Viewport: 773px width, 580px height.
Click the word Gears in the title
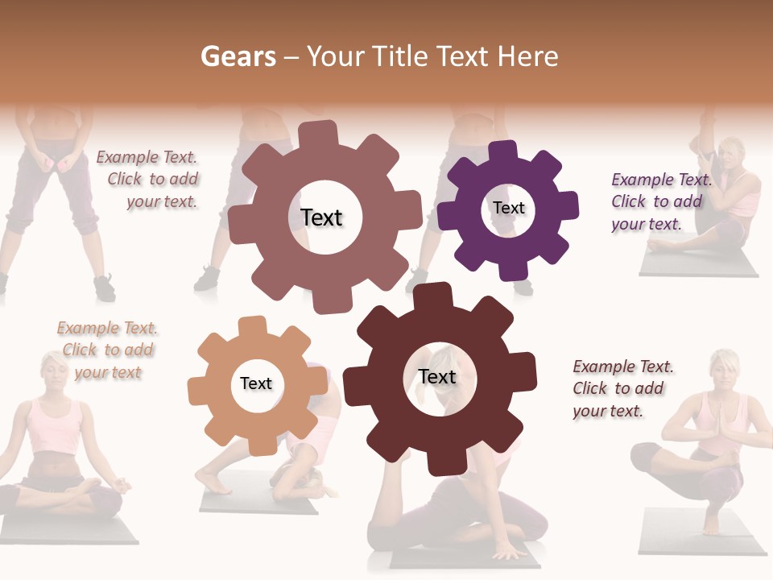pyautogui.click(x=238, y=56)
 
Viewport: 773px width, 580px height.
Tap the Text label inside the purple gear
pyautogui.click(x=508, y=208)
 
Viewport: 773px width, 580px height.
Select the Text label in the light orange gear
pyautogui.click(x=256, y=383)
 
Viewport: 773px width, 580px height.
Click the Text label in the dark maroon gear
pyautogui.click(x=437, y=376)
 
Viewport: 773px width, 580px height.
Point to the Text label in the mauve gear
pyautogui.click(x=321, y=217)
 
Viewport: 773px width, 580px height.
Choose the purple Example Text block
pyautogui.click(x=661, y=201)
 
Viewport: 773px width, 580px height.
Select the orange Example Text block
pyautogui.click(x=107, y=350)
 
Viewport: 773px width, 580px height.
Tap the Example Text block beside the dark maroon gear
pyautogui.click(x=622, y=388)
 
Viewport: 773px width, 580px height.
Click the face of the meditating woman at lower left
pyautogui.click(x=57, y=371)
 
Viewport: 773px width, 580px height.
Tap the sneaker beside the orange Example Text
pyautogui.click(x=104, y=287)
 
